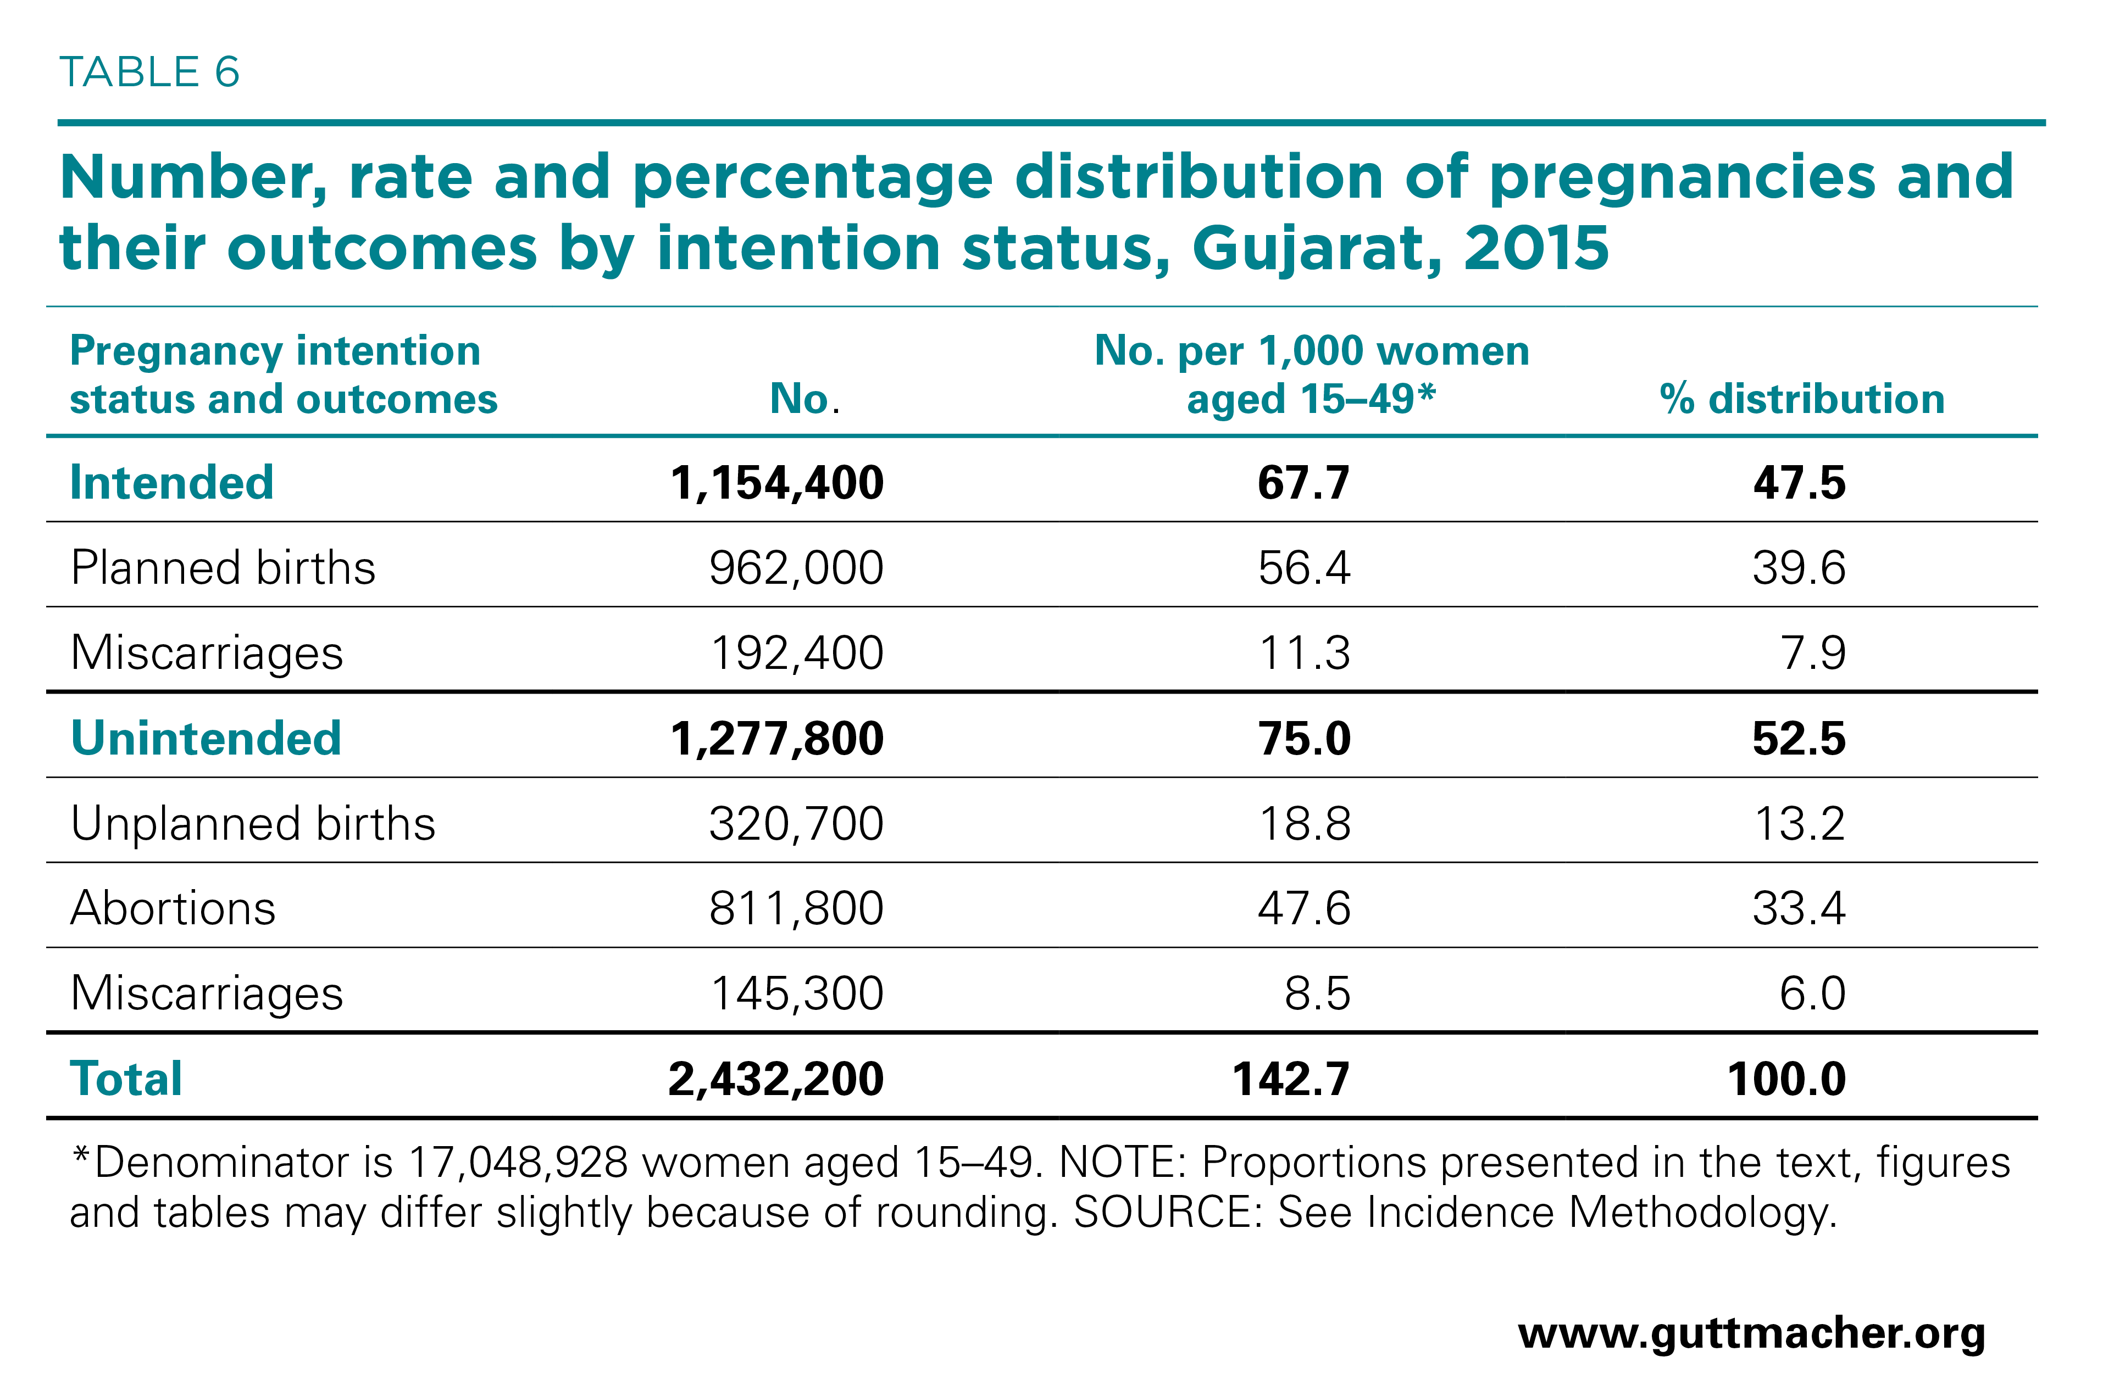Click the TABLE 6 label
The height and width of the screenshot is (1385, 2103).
[x=149, y=72]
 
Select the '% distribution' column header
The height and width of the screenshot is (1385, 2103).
[x=1802, y=399]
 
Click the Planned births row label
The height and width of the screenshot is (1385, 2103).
[x=223, y=567]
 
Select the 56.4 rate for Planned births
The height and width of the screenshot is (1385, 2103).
[x=1304, y=568]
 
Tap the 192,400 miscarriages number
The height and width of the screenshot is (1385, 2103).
[x=797, y=654]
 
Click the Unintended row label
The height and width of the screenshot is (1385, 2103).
[x=206, y=739]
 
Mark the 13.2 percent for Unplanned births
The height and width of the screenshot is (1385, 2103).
[x=1799, y=823]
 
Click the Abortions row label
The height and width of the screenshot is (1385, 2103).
[x=173, y=908]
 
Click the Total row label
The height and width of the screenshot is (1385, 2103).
[x=126, y=1079]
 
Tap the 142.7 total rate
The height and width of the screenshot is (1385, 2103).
[x=1291, y=1079]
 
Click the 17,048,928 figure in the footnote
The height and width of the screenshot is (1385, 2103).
[x=518, y=1163]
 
